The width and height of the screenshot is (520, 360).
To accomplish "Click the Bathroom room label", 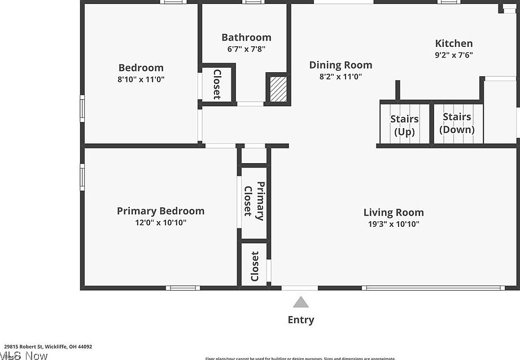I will pyautogui.click(x=246, y=38).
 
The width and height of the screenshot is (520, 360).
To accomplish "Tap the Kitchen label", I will pyautogui.click(x=454, y=43).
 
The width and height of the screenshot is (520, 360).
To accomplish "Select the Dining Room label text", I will pyautogui.click(x=340, y=65).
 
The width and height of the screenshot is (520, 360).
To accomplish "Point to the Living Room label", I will pyautogui.click(x=394, y=213).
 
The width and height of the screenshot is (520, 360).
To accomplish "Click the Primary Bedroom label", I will pyautogui.click(x=160, y=211).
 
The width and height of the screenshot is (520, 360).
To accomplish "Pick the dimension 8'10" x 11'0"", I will pyautogui.click(x=141, y=80).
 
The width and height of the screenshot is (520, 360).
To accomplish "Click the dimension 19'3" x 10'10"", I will pyautogui.click(x=394, y=224).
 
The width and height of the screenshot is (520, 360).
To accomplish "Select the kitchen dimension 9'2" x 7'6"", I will pyautogui.click(x=454, y=55).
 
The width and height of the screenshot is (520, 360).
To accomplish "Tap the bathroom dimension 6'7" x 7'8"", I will pyautogui.click(x=246, y=49).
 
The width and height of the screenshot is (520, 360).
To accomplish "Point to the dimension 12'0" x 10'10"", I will pyautogui.click(x=160, y=222).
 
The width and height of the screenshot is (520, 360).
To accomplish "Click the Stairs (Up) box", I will pyautogui.click(x=404, y=125).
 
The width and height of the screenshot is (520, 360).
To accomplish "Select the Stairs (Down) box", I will pyautogui.click(x=457, y=123).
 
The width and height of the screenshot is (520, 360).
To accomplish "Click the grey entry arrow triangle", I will pyautogui.click(x=301, y=302).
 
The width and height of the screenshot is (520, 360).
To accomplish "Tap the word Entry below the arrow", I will pyautogui.click(x=301, y=320).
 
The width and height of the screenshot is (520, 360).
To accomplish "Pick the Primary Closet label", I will pyautogui.click(x=254, y=200).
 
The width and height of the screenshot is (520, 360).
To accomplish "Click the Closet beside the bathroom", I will pyautogui.click(x=217, y=84).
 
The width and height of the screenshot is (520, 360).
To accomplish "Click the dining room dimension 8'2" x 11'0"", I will pyautogui.click(x=340, y=77).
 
